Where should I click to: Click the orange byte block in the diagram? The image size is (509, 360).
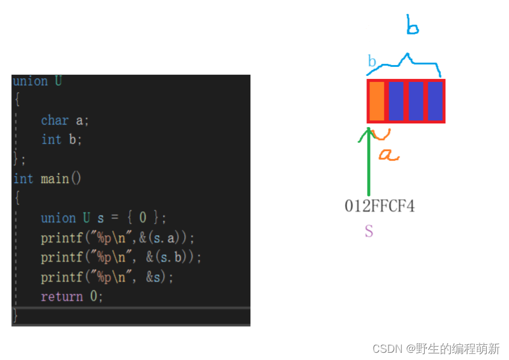(377, 101)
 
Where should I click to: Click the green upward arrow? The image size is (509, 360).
(369, 160)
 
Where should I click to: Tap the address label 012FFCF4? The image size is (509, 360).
(379, 206)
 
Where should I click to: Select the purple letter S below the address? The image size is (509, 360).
(369, 231)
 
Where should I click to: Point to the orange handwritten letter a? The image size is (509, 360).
(387, 155)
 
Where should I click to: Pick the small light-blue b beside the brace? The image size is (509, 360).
(372, 61)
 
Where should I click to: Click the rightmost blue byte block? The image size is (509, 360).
(435, 101)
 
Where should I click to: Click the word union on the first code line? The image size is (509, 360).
(30, 81)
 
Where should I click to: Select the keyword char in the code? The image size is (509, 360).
(55, 120)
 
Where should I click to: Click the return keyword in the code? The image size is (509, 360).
(62, 297)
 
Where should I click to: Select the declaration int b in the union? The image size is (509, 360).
(61, 140)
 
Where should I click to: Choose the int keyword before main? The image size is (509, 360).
(23, 179)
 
